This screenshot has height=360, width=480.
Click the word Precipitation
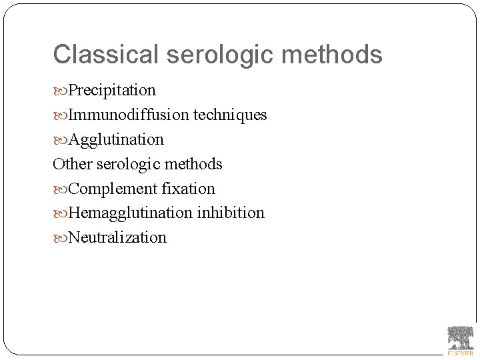tap(112, 90)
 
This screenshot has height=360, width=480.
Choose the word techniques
tap(231, 115)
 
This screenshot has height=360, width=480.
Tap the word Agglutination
tap(116, 139)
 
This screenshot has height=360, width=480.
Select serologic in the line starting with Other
tap(127, 164)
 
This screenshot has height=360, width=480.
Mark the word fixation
tap(188, 189)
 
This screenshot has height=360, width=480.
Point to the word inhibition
tap(231, 213)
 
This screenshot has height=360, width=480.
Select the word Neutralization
tap(117, 237)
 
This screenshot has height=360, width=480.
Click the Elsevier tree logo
tap(460, 337)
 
